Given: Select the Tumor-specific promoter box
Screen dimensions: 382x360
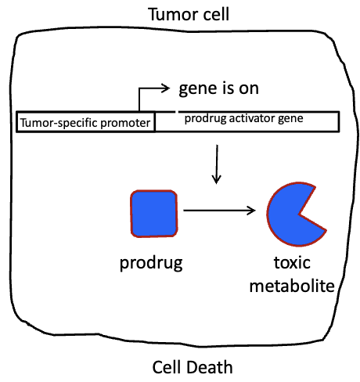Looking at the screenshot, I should click(x=85, y=122).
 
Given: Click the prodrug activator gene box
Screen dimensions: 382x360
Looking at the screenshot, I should click(x=247, y=121).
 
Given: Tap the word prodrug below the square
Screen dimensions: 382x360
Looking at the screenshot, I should click(x=151, y=262).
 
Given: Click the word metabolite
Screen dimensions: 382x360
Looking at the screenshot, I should click(x=293, y=285).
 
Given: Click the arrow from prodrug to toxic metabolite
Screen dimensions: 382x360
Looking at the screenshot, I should click(x=219, y=210).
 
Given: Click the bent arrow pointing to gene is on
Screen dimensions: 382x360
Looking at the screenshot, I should click(x=149, y=94).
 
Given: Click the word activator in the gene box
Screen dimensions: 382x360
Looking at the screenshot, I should click(x=253, y=118).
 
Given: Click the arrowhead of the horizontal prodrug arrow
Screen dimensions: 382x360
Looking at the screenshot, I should click(x=252, y=210).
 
